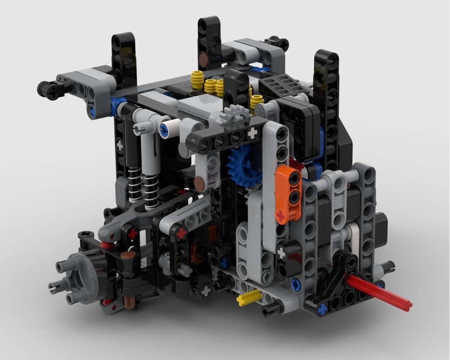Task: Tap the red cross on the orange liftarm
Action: click(x=281, y=216)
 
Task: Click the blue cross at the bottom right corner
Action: click(x=322, y=310)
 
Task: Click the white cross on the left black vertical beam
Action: click(x=120, y=146)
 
